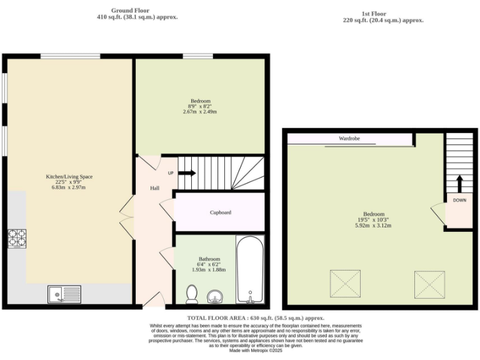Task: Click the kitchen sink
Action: [x=64, y=294]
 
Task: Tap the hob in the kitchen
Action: [x=17, y=239]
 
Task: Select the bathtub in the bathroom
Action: [x=251, y=270]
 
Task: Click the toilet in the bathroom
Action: [x=192, y=293]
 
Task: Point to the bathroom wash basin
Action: [x=216, y=294]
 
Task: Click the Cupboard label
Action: [x=220, y=212]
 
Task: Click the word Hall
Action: [x=154, y=188]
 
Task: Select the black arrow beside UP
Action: [x=187, y=173]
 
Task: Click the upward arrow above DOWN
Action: [x=459, y=184]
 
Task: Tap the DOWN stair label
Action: [x=459, y=201]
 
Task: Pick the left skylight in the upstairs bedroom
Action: [x=346, y=284]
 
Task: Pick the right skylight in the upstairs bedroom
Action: [x=429, y=284]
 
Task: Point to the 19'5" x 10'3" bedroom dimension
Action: [x=374, y=219]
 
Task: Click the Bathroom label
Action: [x=209, y=259]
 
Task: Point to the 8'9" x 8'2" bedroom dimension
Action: [x=200, y=106]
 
